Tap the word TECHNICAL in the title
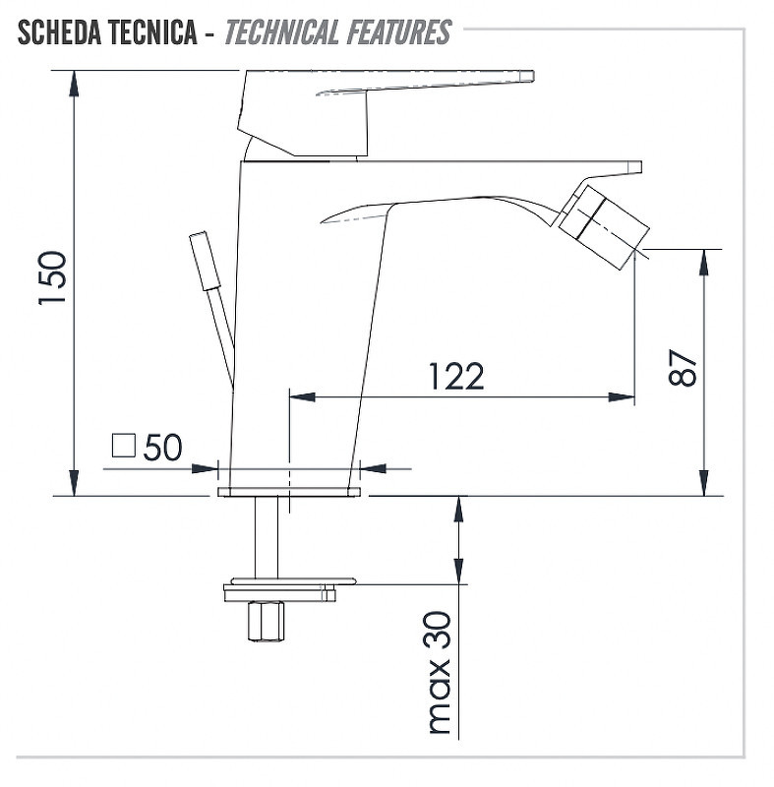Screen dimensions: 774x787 tap(281, 32)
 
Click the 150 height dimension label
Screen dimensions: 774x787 tap(53, 277)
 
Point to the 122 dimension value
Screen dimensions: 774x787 tap(456, 376)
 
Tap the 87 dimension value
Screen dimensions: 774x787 tap(683, 367)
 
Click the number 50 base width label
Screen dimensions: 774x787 tap(162, 448)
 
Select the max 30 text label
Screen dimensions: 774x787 tap(440, 673)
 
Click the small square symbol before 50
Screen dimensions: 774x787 tap(123, 446)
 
